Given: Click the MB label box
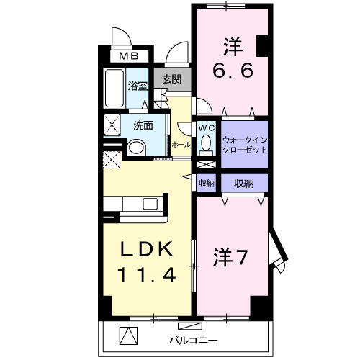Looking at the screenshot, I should tap(130, 55).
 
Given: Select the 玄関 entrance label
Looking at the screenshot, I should tap(171, 80).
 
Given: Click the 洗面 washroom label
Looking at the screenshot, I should tap(142, 124).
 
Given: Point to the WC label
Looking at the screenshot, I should tap(207, 127).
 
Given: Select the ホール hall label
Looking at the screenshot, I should tap(181, 145).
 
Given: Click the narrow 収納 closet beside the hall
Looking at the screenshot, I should tap(207, 184).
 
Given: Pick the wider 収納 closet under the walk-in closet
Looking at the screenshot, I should tap(243, 184).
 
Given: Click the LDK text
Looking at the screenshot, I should tap(146, 249).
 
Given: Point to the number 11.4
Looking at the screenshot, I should tap(146, 275).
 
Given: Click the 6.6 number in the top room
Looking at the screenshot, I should tap(232, 72).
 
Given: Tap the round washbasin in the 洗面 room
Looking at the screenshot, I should tap(137, 147).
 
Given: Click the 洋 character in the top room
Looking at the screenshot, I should tap(232, 47).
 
